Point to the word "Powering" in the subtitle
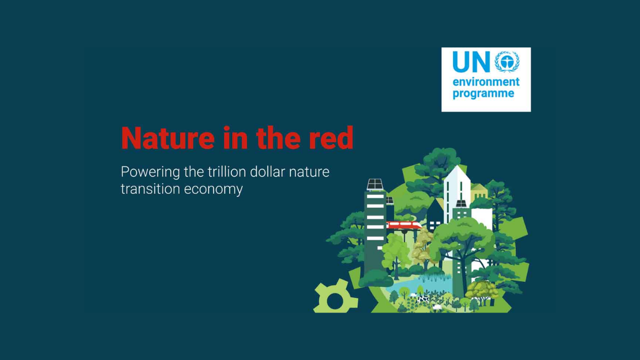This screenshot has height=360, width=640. point(150,172)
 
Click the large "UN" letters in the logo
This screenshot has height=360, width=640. point(471,62)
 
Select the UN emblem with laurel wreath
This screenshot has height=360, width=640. point(506,62)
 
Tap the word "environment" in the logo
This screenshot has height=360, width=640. point(486,82)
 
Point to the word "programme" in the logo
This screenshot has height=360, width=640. point(483,93)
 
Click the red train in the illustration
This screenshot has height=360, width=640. point(403,225)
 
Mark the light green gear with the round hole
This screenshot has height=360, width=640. point(334,299)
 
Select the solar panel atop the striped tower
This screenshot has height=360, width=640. point(375,184)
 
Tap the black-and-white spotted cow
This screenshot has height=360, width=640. point(423,299)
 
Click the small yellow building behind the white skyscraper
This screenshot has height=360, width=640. point(479,191)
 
